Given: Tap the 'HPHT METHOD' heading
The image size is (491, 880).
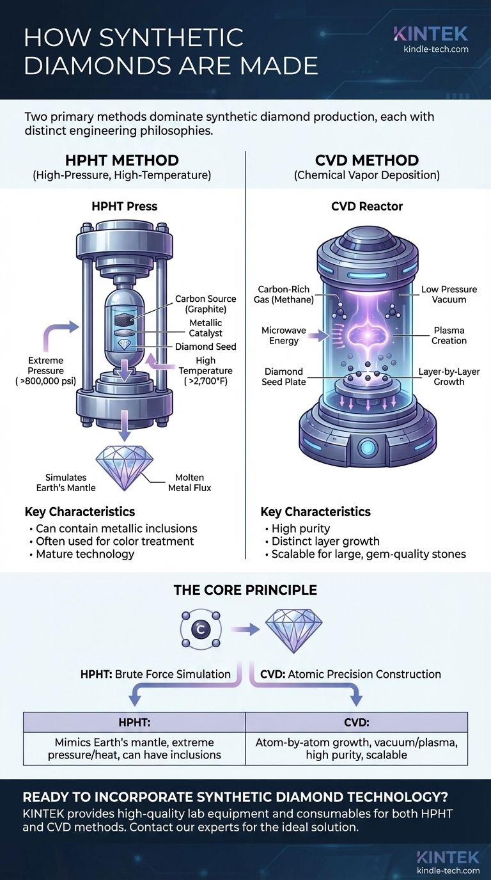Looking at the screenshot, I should pos(121,161).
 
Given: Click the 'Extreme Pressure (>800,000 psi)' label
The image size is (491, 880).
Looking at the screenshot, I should pos(45,370).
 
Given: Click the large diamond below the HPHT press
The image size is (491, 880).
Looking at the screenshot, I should pos(125,464).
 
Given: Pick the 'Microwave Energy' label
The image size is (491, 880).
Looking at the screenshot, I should pos(284,335).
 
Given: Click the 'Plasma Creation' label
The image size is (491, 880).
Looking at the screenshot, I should pos(449,335).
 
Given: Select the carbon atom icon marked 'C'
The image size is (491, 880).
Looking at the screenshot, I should pos(200,630).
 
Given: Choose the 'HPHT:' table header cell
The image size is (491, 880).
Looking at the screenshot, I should pos(134,722).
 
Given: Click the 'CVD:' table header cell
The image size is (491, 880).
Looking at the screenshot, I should pos(357,722).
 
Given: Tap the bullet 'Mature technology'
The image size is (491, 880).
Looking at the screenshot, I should pos(85,553).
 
